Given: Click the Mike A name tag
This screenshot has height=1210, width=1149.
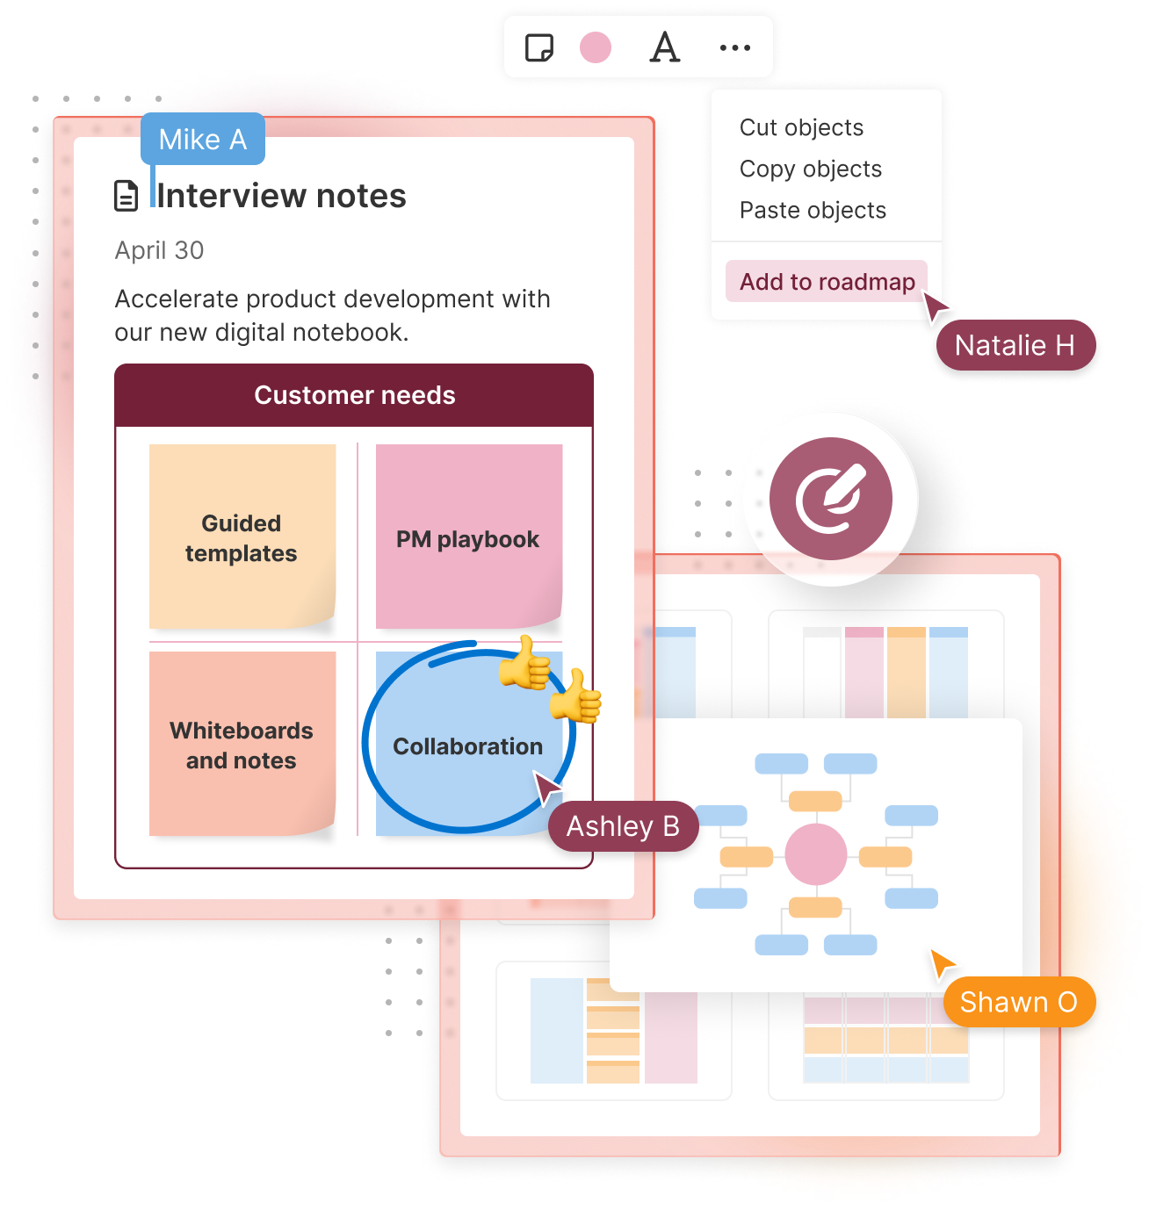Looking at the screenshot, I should click(x=203, y=140).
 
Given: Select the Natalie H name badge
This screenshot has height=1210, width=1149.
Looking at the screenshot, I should click(x=1015, y=345).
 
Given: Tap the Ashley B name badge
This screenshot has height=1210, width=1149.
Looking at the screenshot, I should click(x=623, y=826).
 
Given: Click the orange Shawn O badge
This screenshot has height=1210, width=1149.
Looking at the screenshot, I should click(x=1018, y=1002).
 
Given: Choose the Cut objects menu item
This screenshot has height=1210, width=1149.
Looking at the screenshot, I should click(x=801, y=128).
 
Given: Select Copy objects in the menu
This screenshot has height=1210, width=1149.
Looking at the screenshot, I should click(x=810, y=169).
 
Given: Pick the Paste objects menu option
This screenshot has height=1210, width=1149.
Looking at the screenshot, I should click(x=813, y=211).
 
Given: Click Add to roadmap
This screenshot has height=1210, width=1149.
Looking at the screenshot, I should click(x=827, y=282).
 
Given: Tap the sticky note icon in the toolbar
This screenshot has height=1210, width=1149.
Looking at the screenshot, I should click(x=538, y=47).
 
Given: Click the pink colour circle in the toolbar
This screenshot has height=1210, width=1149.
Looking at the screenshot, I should click(x=596, y=47).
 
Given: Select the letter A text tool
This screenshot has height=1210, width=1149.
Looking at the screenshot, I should click(x=665, y=47).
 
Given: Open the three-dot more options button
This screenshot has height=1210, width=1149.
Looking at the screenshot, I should click(x=734, y=47).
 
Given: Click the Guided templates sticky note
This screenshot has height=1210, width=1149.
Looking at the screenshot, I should click(x=242, y=537).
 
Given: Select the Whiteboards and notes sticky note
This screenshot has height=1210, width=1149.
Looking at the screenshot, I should click(x=242, y=745).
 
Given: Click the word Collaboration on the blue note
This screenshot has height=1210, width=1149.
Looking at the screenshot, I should click(x=467, y=746).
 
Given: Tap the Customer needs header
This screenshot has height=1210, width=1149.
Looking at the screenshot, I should click(x=354, y=395).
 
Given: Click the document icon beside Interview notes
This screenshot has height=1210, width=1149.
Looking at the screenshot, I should click(x=126, y=196).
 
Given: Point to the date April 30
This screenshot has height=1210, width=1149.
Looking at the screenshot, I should click(x=159, y=251).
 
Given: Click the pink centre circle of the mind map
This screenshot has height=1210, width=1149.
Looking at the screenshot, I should click(x=816, y=854).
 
